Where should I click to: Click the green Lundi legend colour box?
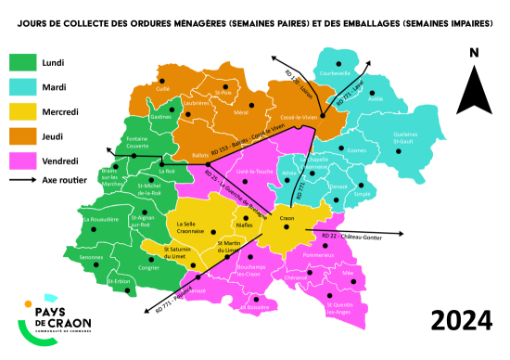21,63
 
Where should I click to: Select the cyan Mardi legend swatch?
21,88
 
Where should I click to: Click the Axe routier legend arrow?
21,181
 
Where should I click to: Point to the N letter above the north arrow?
474,53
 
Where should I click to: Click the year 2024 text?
460,322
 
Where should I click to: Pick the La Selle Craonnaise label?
185,229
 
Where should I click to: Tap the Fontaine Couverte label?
137,142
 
